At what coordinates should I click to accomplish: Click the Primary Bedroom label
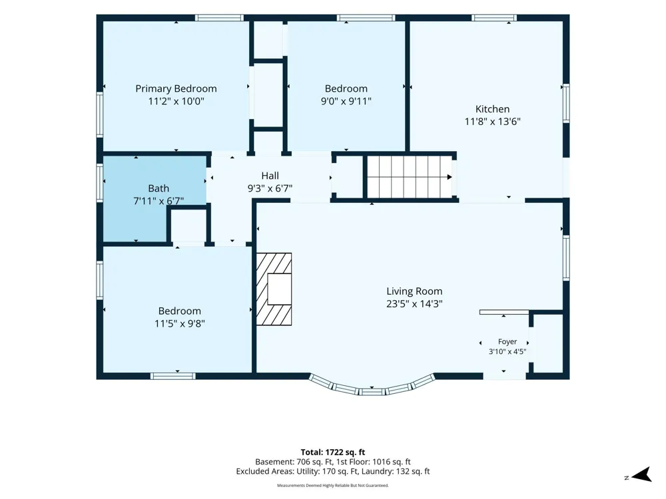(x=176, y=88)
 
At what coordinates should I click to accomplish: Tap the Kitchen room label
(x=492, y=109)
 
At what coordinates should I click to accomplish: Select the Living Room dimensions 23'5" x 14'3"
(x=414, y=304)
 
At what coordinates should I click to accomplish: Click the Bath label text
(x=159, y=188)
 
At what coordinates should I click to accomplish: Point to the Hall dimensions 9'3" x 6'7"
(x=270, y=188)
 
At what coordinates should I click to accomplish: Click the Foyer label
(x=507, y=341)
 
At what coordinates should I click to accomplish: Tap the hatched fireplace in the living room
(x=274, y=289)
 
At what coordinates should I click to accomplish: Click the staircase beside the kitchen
(x=410, y=177)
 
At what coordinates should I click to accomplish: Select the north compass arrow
(x=641, y=475)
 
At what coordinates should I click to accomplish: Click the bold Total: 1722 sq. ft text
(x=333, y=452)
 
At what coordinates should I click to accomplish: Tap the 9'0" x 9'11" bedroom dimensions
(x=346, y=101)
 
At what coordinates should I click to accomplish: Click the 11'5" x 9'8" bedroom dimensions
(x=180, y=324)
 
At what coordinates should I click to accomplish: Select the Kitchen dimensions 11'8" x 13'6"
(x=492, y=122)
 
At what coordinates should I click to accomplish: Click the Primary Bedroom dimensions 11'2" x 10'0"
(x=176, y=101)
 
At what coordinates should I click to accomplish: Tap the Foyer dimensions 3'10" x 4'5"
(x=507, y=351)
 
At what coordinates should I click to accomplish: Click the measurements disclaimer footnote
(x=333, y=486)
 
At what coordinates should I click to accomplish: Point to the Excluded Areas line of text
(x=333, y=472)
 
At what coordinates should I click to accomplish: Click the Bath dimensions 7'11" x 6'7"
(x=159, y=201)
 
